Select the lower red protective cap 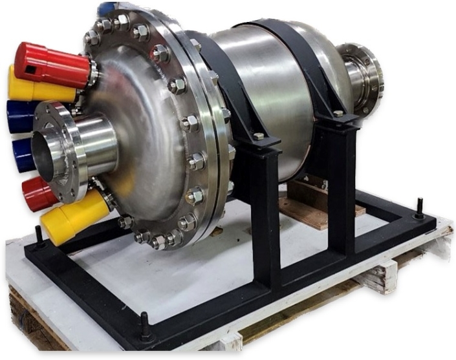click(39, 192)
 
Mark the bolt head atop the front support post click(259, 136)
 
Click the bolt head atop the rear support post click(338, 114)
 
